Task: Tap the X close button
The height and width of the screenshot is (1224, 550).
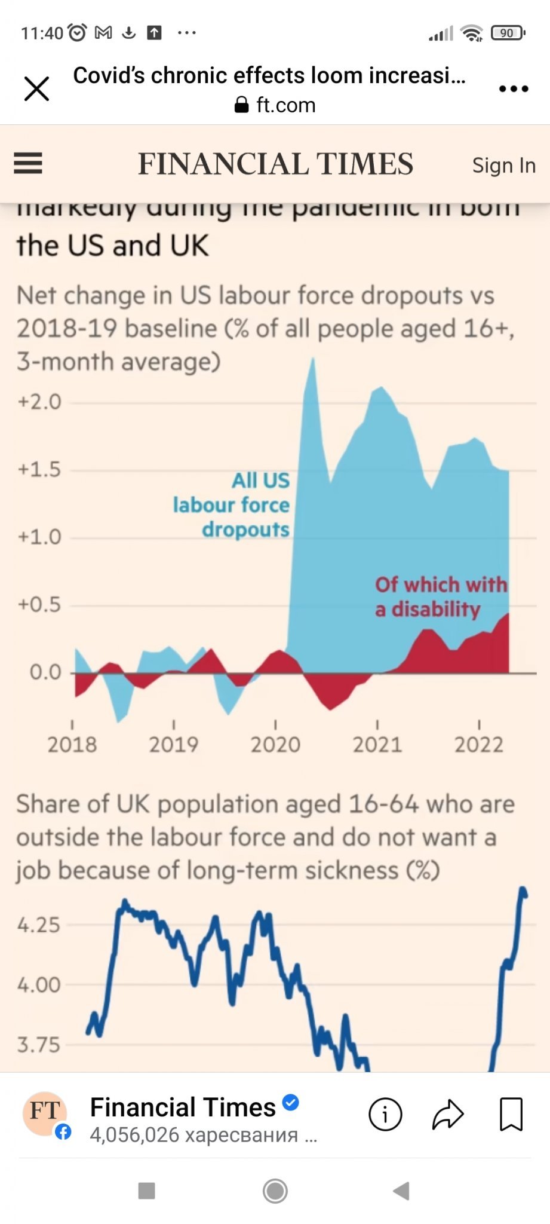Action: tap(36, 89)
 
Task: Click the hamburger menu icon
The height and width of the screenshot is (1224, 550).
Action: tap(28, 163)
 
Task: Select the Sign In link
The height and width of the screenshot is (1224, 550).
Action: tap(503, 165)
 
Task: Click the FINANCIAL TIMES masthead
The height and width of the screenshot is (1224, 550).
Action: tap(275, 164)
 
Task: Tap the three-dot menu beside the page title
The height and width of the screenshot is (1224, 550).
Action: tap(514, 89)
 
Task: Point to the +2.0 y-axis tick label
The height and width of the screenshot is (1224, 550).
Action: tap(39, 402)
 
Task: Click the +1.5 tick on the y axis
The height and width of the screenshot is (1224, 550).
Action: tap(39, 469)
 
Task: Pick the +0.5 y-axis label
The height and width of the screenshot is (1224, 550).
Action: tap(39, 604)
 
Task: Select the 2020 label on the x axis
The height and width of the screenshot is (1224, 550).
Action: tap(275, 744)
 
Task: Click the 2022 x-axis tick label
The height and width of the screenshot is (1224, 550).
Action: tap(479, 744)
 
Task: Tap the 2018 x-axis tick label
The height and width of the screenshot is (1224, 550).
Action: tap(72, 744)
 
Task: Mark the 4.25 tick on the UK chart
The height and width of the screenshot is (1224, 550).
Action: tap(39, 925)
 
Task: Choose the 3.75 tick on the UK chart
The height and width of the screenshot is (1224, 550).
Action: tap(39, 1045)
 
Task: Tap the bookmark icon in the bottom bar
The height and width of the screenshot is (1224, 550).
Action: tap(511, 1114)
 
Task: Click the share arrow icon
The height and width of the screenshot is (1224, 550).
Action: tap(448, 1114)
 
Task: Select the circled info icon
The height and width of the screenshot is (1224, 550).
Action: tap(385, 1114)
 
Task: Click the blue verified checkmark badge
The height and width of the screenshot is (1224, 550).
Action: tap(290, 1102)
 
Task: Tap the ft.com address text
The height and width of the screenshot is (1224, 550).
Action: tap(285, 105)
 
